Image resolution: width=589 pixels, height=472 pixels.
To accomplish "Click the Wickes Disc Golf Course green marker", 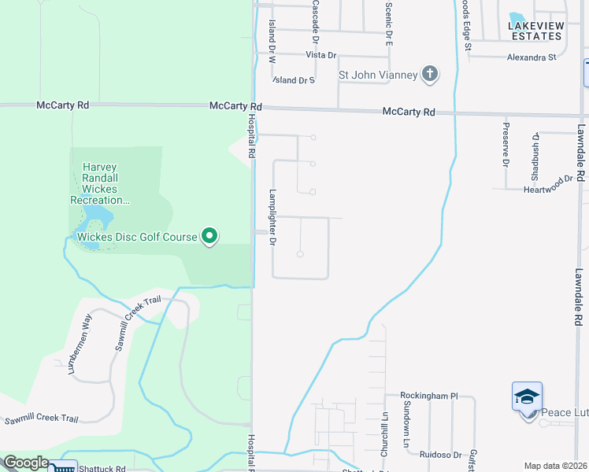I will tap(209, 236).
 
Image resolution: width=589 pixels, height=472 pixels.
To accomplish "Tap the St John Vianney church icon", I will tap(429, 75).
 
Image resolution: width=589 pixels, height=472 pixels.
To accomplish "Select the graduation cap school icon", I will tap(527, 396).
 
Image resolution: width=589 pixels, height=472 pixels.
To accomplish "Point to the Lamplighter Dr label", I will tap(272, 216).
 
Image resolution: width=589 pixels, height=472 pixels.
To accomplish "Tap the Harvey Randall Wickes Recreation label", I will tap(99, 183).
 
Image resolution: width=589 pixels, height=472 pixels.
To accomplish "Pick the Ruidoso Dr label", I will tap(440, 454).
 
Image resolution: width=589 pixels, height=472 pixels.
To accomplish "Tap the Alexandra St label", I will tap(532, 57).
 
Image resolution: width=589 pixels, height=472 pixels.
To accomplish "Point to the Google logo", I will tap(25, 463).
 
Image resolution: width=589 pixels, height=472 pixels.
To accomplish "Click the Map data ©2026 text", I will tap(555, 466).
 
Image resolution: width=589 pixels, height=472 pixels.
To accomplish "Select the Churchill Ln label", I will tap(384, 436).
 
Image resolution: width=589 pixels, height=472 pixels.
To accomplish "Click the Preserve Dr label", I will tap(506, 143).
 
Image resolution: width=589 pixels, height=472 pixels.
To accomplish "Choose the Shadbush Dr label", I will tap(535, 150).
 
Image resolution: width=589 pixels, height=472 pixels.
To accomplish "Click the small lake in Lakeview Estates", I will tap(517, 17).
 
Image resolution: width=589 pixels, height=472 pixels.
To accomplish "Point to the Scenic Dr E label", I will tap(389, 23).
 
